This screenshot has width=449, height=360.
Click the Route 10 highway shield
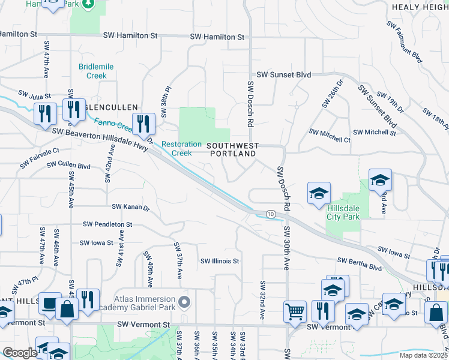[x=271, y=214]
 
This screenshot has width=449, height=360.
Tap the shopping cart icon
[x=295, y=311]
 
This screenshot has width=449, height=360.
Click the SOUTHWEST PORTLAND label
[x=233, y=149]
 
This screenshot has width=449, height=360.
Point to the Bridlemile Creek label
[x=92, y=71]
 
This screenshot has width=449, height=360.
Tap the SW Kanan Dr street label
[x=130, y=207]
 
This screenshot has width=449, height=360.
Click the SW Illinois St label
[x=220, y=261]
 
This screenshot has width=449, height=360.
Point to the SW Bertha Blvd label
[x=360, y=260]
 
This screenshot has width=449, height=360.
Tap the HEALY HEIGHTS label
[x=420, y=7]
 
